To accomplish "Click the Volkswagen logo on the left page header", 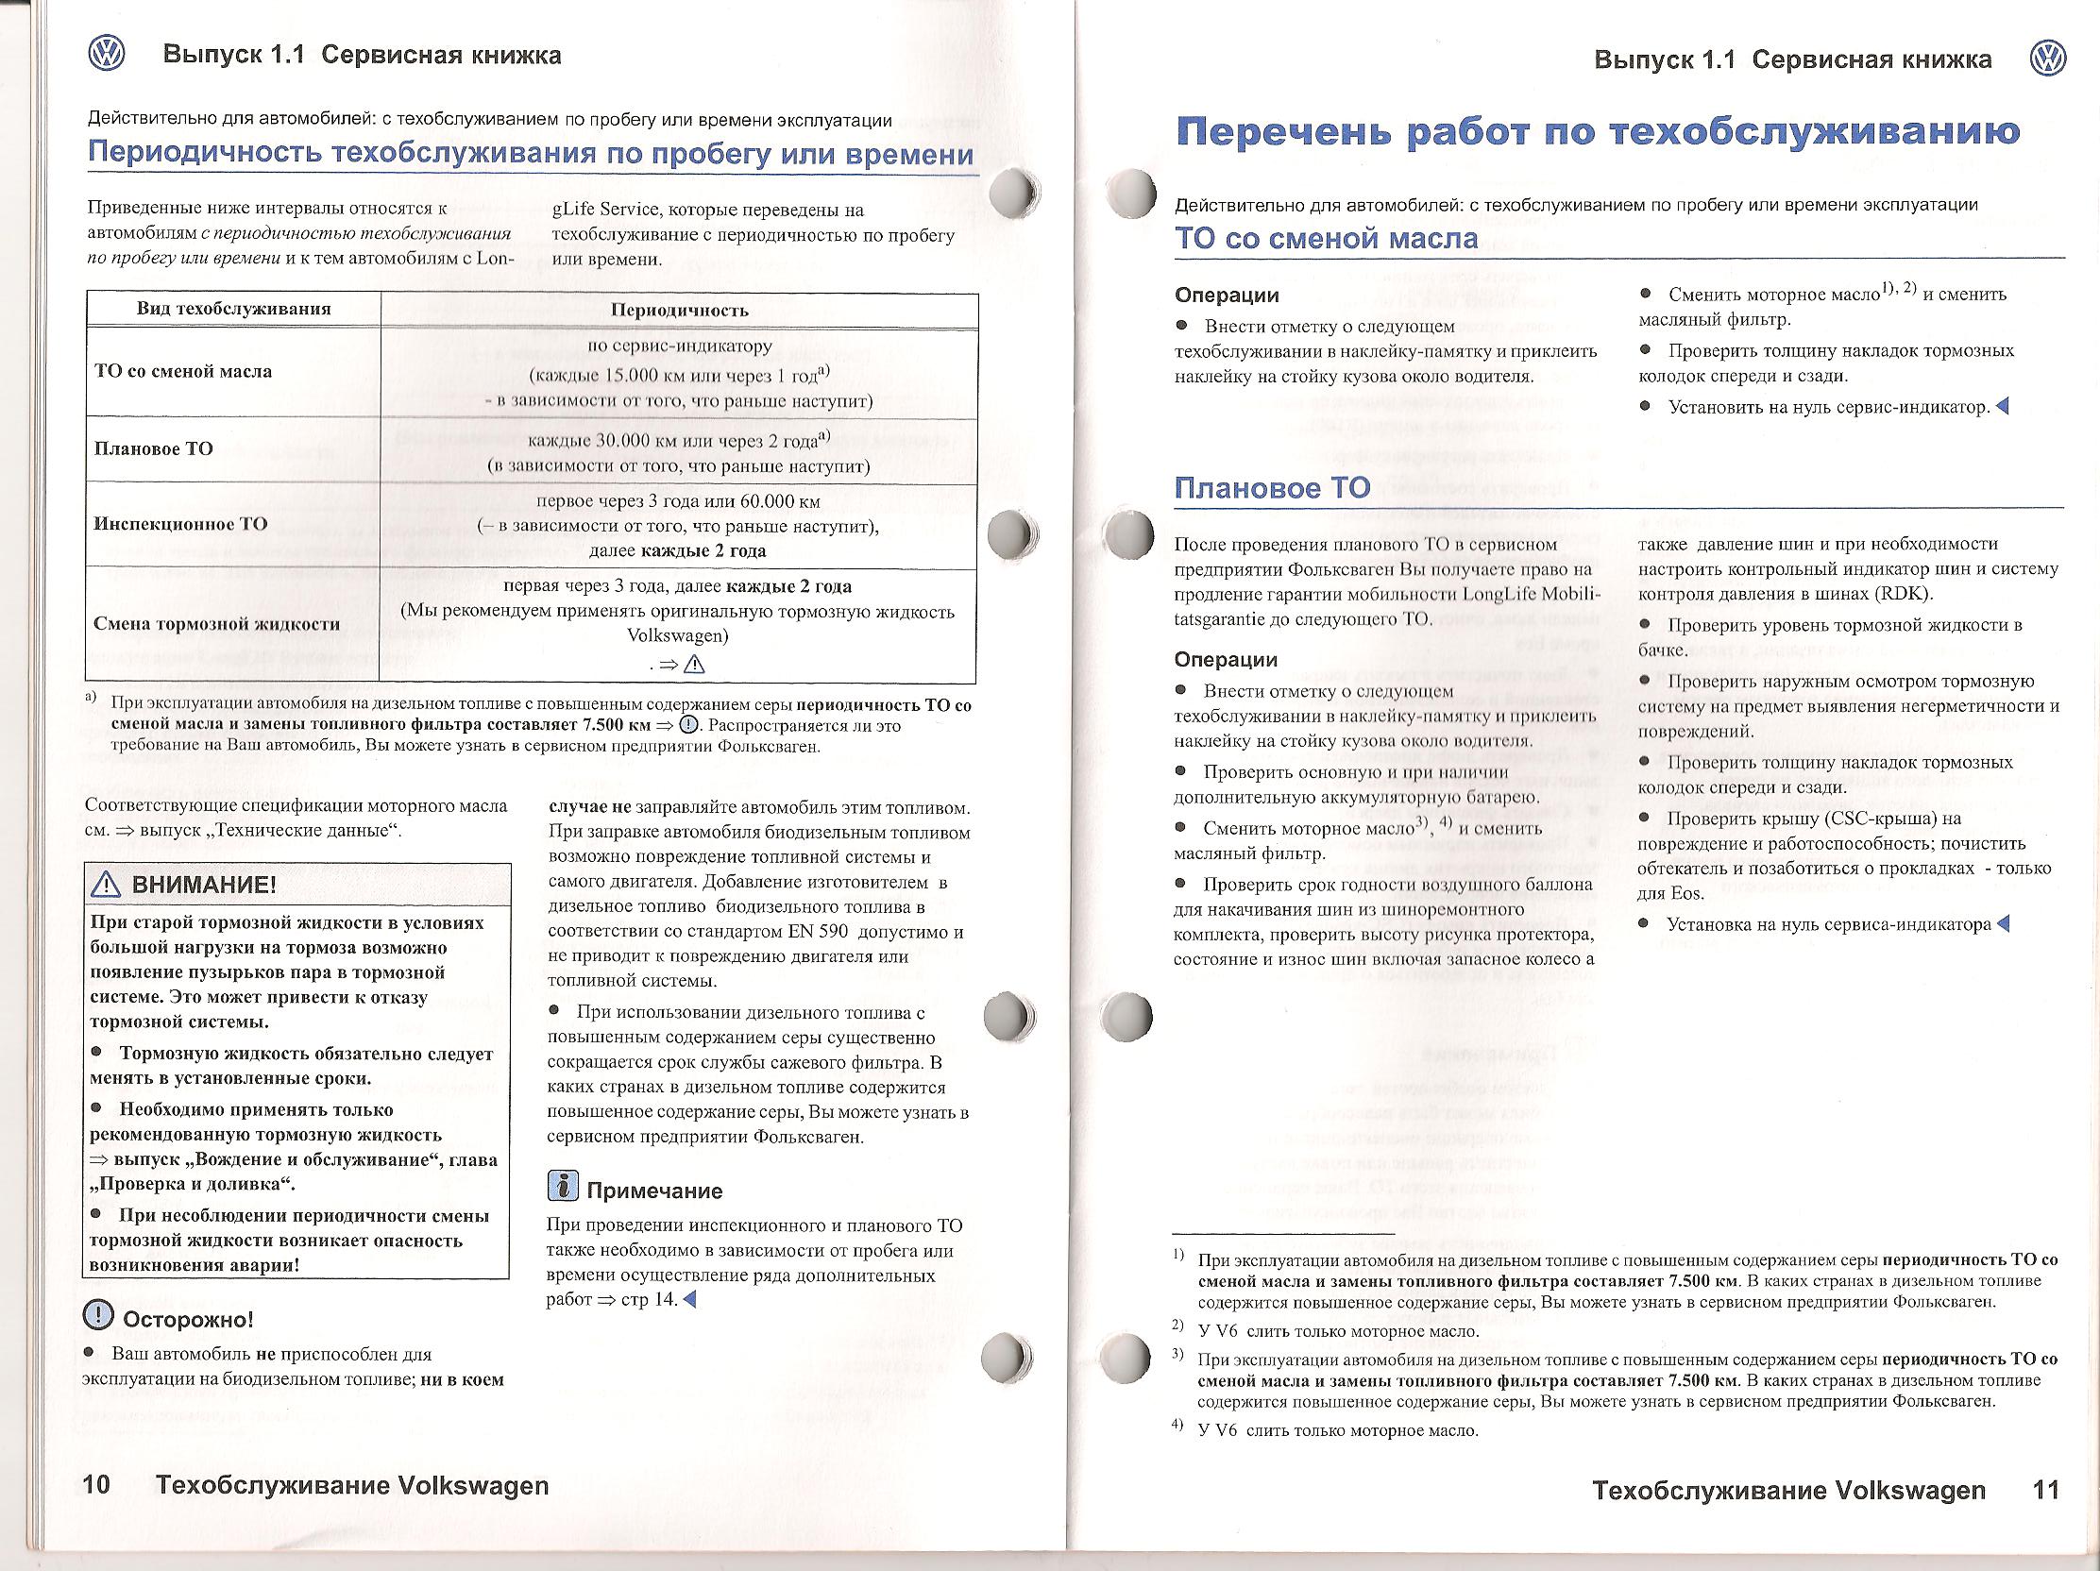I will [x=106, y=54].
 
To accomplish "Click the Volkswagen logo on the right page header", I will [x=2049, y=59].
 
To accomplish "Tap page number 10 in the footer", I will [x=97, y=1486].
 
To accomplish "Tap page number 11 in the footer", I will [x=2046, y=1490].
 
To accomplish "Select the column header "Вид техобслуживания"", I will [x=233, y=309].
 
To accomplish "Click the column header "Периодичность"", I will [x=680, y=311].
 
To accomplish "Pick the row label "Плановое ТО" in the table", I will [x=154, y=449].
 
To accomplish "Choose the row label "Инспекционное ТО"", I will [x=180, y=524].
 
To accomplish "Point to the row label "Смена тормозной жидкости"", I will [x=216, y=624].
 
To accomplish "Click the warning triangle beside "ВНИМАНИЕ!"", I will [x=102, y=886].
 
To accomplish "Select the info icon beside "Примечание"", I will [x=563, y=1187].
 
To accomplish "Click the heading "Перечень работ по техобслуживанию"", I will [x=1598, y=132].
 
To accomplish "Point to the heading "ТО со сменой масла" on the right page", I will [x=1326, y=238].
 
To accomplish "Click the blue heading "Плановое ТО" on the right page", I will [x=1272, y=488].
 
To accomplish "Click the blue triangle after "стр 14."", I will [x=689, y=1299].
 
